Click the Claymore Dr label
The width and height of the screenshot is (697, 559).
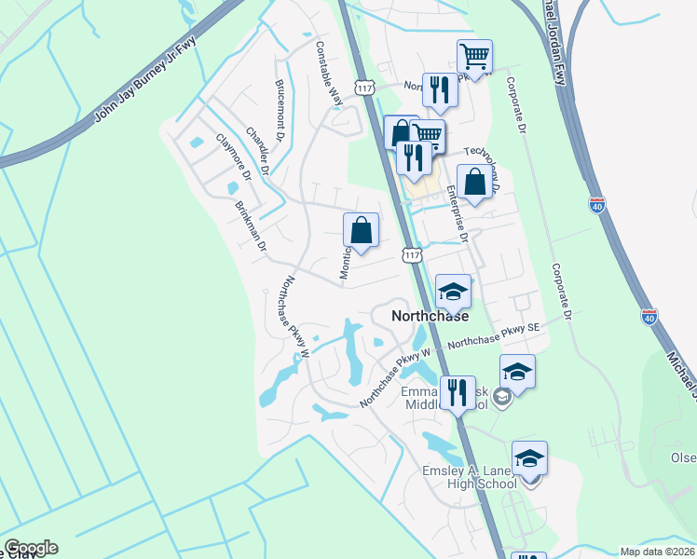pos(234,157)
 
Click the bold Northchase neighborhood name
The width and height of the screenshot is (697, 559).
pos(430,315)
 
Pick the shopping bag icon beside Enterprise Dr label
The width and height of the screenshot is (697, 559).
pos(474,182)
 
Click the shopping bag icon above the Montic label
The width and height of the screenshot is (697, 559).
pos(361,230)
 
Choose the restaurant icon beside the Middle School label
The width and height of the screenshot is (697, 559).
pos(457,391)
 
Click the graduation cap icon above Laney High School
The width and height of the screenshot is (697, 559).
pos(529,457)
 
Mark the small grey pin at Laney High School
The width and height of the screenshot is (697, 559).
pos(531,481)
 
